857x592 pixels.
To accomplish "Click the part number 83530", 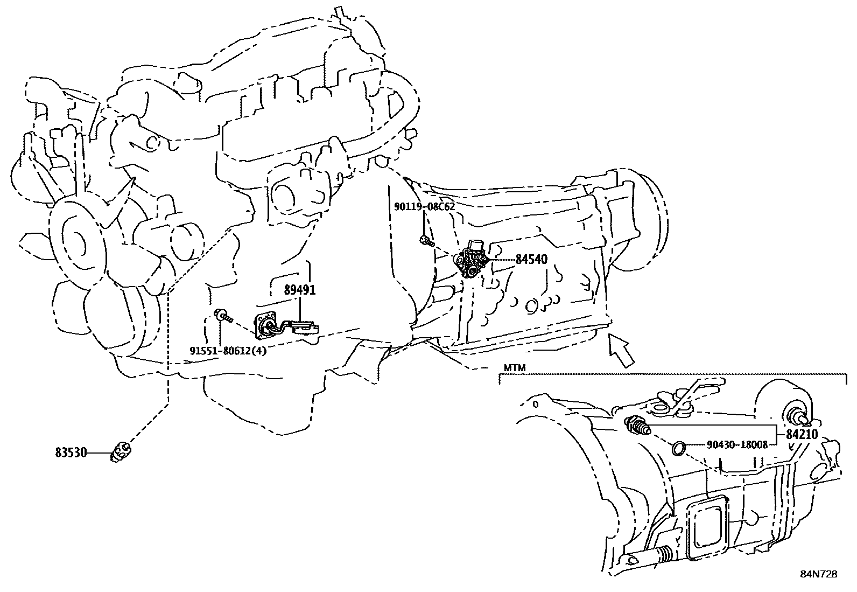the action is click(71, 452).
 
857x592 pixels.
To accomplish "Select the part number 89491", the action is click(299, 290).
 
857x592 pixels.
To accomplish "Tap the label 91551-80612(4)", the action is click(228, 350).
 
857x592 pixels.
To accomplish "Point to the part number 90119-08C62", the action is click(424, 207).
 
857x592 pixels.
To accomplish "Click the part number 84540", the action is click(531, 259).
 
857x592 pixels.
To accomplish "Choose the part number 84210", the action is click(802, 434).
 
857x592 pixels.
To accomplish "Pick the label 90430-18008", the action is click(737, 444).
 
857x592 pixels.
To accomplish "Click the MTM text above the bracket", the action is click(515, 368).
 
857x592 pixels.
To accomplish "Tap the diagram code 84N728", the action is click(819, 574).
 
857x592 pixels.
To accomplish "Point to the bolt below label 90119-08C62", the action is click(427, 241).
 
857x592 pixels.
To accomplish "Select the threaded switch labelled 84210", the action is click(637, 426).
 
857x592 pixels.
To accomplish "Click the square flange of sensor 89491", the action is click(265, 325).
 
